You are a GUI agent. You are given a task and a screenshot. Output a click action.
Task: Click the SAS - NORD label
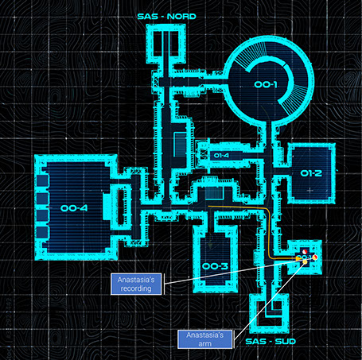click(x=167, y=17)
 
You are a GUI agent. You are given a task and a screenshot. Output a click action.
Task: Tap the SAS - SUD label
click(x=271, y=341)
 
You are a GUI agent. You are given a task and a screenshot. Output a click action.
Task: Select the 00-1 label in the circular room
click(x=266, y=84)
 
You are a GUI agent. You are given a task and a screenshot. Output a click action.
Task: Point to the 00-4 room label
click(x=74, y=208)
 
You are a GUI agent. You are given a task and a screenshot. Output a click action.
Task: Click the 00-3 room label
click(x=215, y=266)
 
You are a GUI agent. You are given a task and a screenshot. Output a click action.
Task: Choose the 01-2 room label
click(x=311, y=173)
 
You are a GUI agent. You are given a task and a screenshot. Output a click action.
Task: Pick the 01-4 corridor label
click(x=221, y=155)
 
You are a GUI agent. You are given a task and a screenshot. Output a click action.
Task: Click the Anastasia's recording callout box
click(x=136, y=284)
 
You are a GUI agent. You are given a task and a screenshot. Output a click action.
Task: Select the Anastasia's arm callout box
click(x=205, y=339)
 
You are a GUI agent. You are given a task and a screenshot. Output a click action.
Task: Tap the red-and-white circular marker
click(x=305, y=251)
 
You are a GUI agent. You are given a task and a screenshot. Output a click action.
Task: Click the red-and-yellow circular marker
click(x=315, y=257)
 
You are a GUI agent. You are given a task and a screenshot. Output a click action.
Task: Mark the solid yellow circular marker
click(x=305, y=262)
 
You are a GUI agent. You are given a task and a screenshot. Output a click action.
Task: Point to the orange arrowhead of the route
click(x=298, y=257)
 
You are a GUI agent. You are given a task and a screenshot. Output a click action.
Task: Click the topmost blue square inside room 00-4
click(x=42, y=180)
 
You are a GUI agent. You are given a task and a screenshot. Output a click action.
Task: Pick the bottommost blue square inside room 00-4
click(x=42, y=232)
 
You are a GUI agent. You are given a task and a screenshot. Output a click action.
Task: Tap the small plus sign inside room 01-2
click(x=310, y=190)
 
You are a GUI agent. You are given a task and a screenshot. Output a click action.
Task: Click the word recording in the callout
click(x=136, y=288)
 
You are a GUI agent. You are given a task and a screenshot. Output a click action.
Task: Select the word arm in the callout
click(x=205, y=343)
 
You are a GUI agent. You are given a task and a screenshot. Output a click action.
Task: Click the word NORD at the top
click(x=181, y=17)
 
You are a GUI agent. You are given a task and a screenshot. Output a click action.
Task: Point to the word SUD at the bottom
click(x=286, y=341)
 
